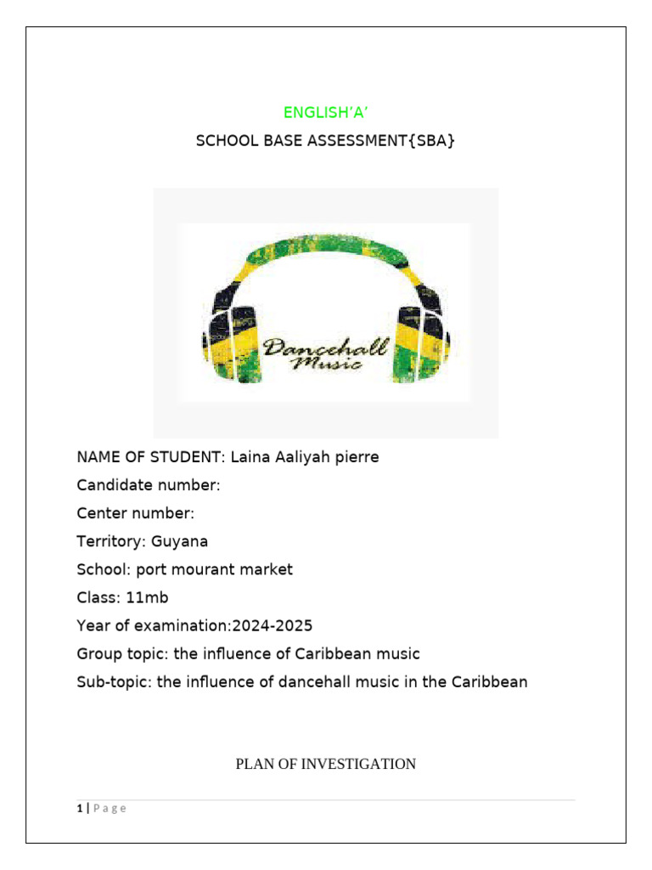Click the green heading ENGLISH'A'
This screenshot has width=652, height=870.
pos(325,112)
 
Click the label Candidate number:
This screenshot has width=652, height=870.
pos(149,485)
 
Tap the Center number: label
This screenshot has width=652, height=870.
pos(136,513)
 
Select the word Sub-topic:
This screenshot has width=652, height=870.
pos(113,682)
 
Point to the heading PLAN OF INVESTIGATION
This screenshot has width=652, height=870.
pos(325,765)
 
